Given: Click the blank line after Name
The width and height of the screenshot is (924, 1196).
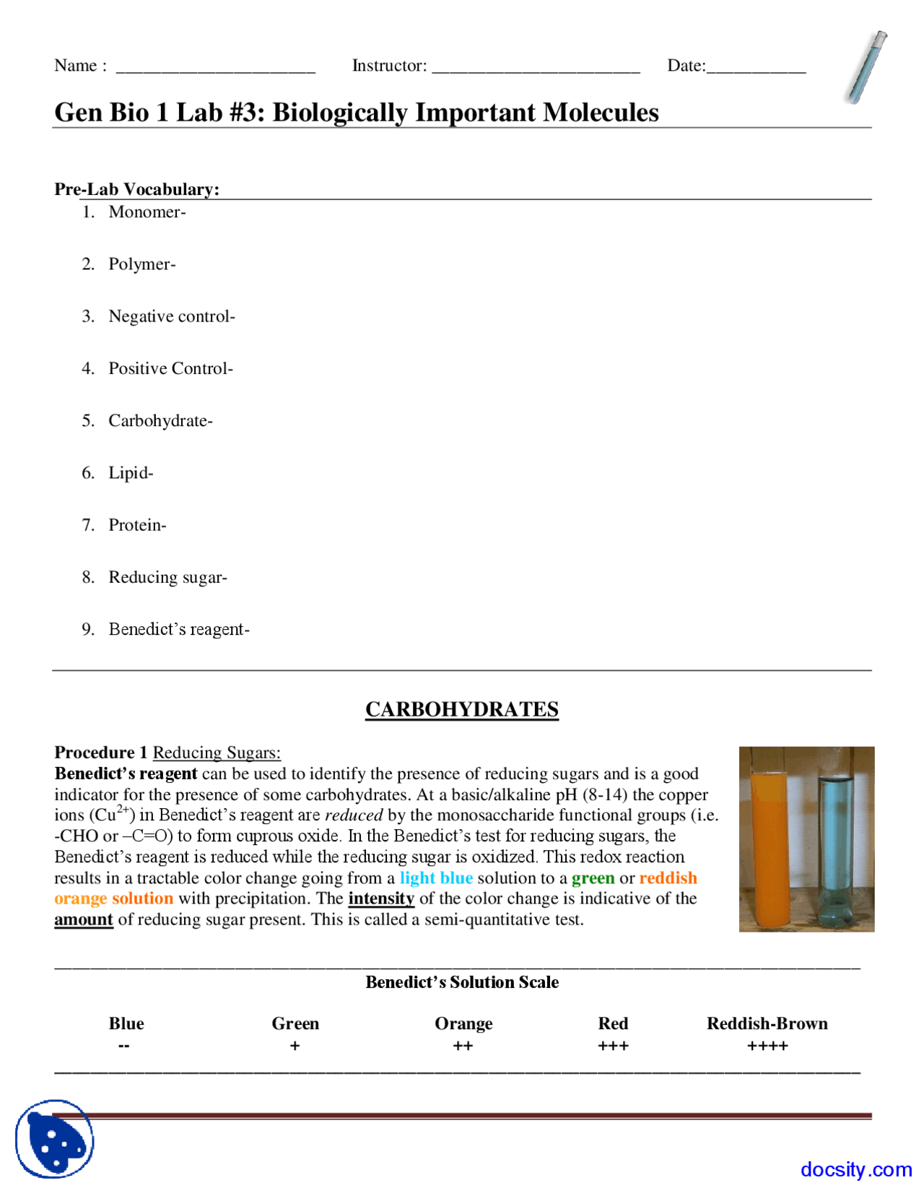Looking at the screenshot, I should click(215, 70).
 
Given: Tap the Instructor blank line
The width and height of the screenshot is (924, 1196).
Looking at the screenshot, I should click(536, 70).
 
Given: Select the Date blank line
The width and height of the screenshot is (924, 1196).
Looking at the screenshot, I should click(757, 70).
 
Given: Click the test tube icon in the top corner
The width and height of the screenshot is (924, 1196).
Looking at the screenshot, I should click(866, 67).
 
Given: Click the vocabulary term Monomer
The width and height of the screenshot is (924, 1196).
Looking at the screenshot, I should click(147, 212).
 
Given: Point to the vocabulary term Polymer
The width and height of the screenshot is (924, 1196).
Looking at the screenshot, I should click(142, 264).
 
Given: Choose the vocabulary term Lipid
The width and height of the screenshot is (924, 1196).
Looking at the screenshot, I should click(131, 473).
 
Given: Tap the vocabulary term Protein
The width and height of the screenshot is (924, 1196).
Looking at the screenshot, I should click(137, 525).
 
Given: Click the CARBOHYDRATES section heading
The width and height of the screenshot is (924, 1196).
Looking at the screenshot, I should click(462, 709).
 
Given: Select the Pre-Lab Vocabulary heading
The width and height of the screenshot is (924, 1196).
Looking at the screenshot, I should click(137, 189).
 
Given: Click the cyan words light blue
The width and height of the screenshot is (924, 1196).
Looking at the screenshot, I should click(437, 878).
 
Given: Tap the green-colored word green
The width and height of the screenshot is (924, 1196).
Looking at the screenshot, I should click(593, 878).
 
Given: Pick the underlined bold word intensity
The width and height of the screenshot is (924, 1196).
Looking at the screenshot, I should click(381, 899).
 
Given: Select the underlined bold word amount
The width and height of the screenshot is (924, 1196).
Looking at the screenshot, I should click(84, 920).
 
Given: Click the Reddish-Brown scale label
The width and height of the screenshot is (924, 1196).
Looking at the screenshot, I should click(767, 1023).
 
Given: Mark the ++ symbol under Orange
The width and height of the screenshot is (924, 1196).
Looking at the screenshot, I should click(463, 1046).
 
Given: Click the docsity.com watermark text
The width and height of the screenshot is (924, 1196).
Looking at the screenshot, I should click(856, 1169).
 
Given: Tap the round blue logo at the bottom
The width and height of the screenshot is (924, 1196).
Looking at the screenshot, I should click(55, 1139).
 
